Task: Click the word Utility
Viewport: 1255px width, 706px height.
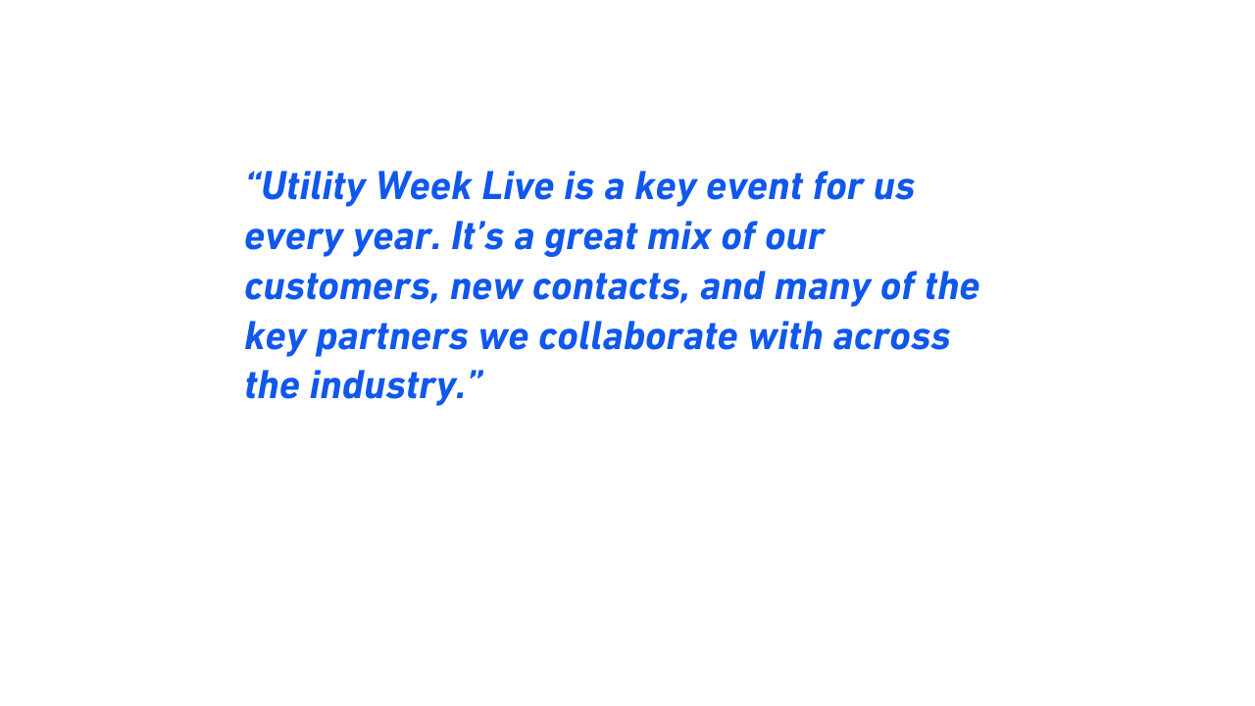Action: pyautogui.click(x=314, y=187)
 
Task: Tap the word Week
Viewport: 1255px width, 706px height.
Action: pyautogui.click(x=424, y=186)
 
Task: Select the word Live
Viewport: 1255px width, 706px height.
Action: pyautogui.click(x=519, y=186)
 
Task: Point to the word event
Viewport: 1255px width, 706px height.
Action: pyautogui.click(x=754, y=187)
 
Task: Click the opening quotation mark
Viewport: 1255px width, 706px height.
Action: pyautogui.click(x=253, y=178)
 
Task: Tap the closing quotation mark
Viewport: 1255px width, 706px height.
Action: pyautogui.click(x=476, y=378)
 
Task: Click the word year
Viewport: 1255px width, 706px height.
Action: pyautogui.click(x=397, y=237)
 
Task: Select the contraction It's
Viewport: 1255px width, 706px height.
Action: pyautogui.click(x=477, y=235)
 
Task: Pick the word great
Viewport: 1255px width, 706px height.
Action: pyautogui.click(x=591, y=237)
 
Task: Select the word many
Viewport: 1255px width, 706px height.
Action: pyautogui.click(x=823, y=288)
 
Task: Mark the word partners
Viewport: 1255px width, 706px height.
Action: pyautogui.click(x=392, y=337)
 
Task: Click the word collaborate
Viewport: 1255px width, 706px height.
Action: pyautogui.click(x=638, y=336)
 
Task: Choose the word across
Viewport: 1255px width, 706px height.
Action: pyautogui.click(x=891, y=338)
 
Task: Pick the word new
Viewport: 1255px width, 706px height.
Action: pyautogui.click(x=486, y=288)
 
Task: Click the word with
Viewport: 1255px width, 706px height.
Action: pyautogui.click(x=785, y=336)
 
